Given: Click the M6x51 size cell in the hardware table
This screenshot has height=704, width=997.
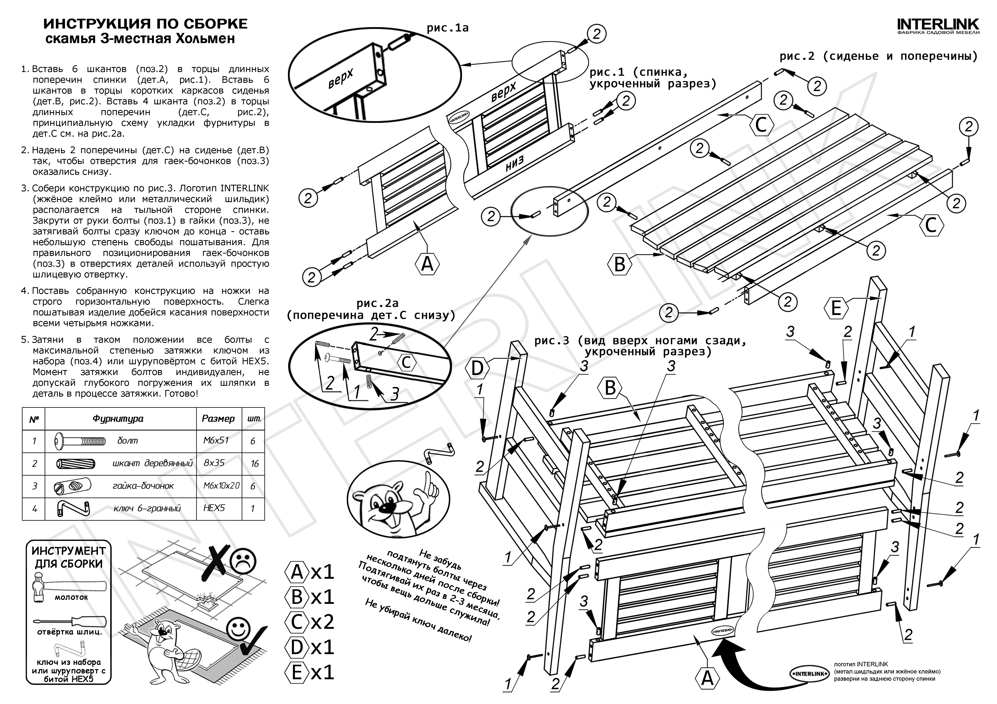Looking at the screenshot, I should pyautogui.click(x=216, y=440).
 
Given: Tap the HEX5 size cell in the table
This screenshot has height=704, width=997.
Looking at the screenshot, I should pyautogui.click(x=214, y=508).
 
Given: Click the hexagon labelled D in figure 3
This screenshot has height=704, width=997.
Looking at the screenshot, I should pyautogui.click(x=477, y=369).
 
